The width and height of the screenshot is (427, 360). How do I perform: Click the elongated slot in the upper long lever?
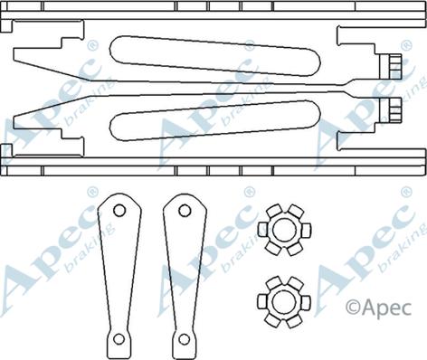coord(214,56)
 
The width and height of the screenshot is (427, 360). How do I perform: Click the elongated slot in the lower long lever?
coord(215,120)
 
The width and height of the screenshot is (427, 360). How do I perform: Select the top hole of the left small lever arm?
coord(119,210)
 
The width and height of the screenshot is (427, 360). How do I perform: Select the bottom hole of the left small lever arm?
coord(119,339)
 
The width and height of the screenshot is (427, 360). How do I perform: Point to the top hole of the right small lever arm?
coord(185,210)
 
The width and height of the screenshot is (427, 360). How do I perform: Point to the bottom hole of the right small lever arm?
coord(184,339)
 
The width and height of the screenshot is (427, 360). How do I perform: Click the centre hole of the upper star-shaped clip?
coord(284,230)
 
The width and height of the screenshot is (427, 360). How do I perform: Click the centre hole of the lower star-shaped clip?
coord(284,302)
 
